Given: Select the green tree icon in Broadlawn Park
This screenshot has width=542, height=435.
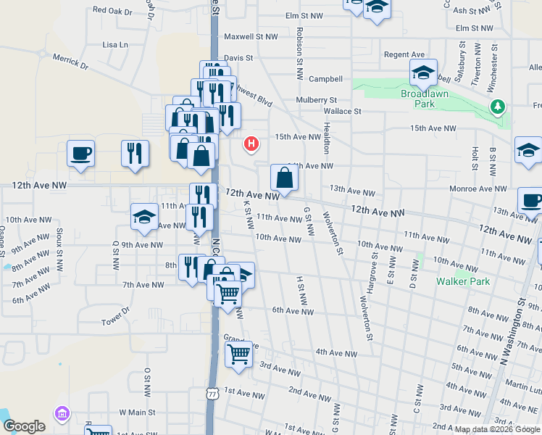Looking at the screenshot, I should pos(497,108).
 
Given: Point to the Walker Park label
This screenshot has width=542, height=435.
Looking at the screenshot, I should pos(462,281).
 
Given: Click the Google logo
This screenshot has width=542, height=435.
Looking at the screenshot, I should pos(24,426).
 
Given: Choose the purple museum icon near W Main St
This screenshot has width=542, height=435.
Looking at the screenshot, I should pos(62,414).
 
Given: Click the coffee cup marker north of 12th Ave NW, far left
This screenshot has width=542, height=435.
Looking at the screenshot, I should pos(80,154).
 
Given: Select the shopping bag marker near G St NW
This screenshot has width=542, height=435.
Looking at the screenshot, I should pos(285,177).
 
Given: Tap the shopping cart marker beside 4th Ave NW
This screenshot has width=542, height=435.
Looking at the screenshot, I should pos(238,355).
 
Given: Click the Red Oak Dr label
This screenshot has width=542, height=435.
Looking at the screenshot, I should pos(112,12).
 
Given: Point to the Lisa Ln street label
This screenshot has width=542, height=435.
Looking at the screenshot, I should pos(115,45).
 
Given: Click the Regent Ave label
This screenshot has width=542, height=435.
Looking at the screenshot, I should pos(404,55).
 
